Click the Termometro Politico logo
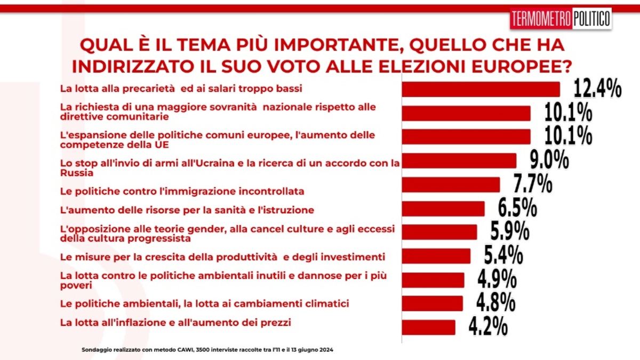coord(561,19)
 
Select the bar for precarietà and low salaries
coord(481,90)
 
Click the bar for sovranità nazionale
coord(466,113)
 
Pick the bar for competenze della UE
coord(466,137)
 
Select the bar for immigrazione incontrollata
coord(451,185)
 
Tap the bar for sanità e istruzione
coord(443,209)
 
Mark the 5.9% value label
coord(509,232)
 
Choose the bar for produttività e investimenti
coord(436,256)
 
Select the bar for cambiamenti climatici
coord(432,303)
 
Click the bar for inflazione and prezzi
coord(428,327)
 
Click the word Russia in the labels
coord(77,173)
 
